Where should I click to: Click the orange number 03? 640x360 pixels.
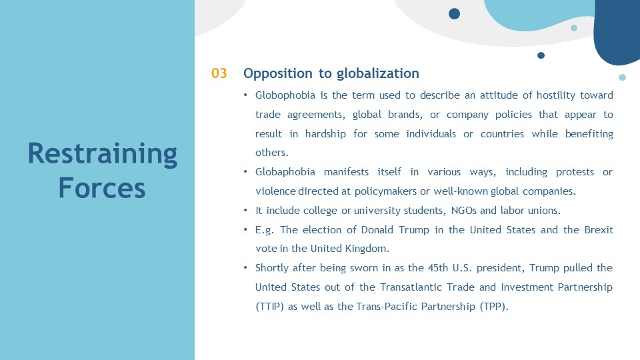pos(219,73)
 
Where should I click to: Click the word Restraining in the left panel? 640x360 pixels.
pos(103,154)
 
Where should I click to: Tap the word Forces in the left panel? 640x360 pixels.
pos(102,188)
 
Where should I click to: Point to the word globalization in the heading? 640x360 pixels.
pos(378,74)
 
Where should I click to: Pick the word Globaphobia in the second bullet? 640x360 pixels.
pos(285,172)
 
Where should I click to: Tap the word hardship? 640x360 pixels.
pos(325,134)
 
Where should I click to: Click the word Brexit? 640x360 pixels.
pos(599,230)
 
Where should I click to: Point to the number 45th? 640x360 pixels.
pos(438,268)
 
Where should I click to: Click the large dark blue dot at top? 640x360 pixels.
pos(454,14)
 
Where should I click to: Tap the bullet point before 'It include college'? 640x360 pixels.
pos(245,211)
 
